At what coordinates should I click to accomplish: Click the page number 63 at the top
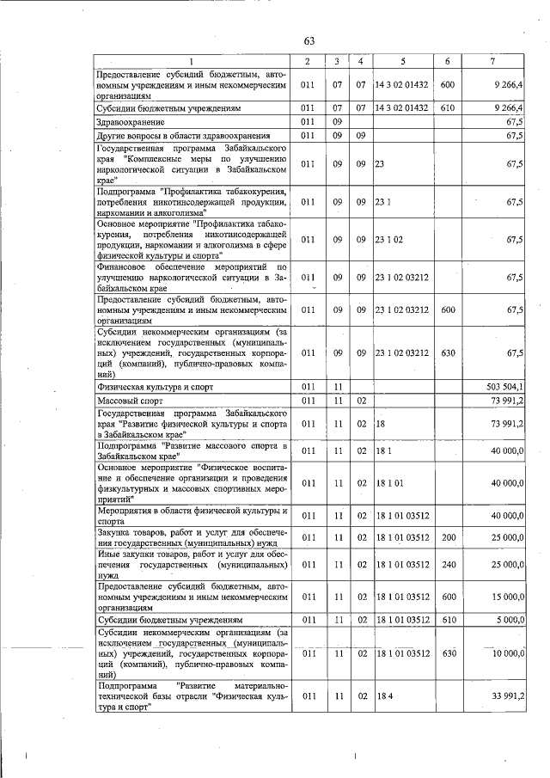pos(309,41)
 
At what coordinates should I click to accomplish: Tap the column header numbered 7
pos(492,62)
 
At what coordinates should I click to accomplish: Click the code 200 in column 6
pos(447,537)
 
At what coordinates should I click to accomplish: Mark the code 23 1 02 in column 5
pos(391,240)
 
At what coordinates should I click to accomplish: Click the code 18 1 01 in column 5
pos(391,484)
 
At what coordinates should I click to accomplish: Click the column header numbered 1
pos(192,62)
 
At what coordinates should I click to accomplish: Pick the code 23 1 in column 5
pos(383,202)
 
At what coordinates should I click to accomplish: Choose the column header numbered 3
pos(338,62)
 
